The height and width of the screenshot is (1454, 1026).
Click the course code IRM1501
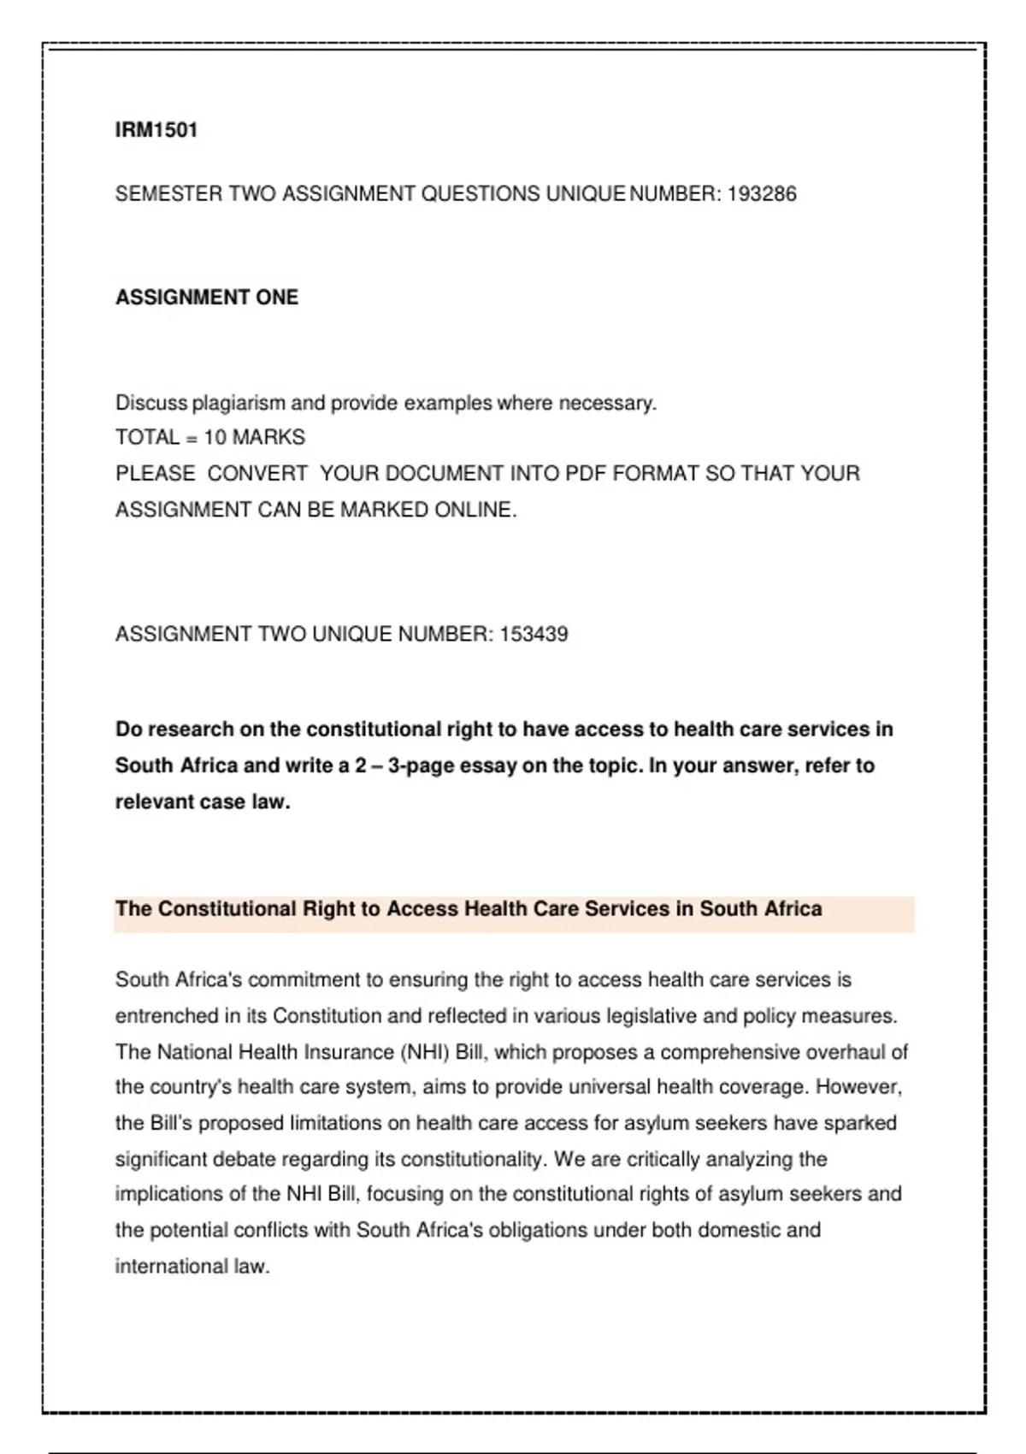pyautogui.click(x=156, y=130)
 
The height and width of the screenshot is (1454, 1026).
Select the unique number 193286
pyautogui.click(x=762, y=194)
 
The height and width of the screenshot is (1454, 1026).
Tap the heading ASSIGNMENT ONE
pyautogui.click(x=207, y=298)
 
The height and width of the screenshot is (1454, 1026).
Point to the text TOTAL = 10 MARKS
pyautogui.click(x=210, y=438)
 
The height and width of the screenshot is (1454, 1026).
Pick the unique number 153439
pyautogui.click(x=534, y=635)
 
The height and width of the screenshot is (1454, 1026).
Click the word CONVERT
pyautogui.click(x=257, y=474)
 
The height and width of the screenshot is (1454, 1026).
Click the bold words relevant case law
pyautogui.click(x=203, y=802)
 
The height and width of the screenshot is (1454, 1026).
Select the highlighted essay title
pyautogui.click(x=469, y=908)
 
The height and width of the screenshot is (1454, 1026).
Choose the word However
pyautogui.click(x=858, y=1087)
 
